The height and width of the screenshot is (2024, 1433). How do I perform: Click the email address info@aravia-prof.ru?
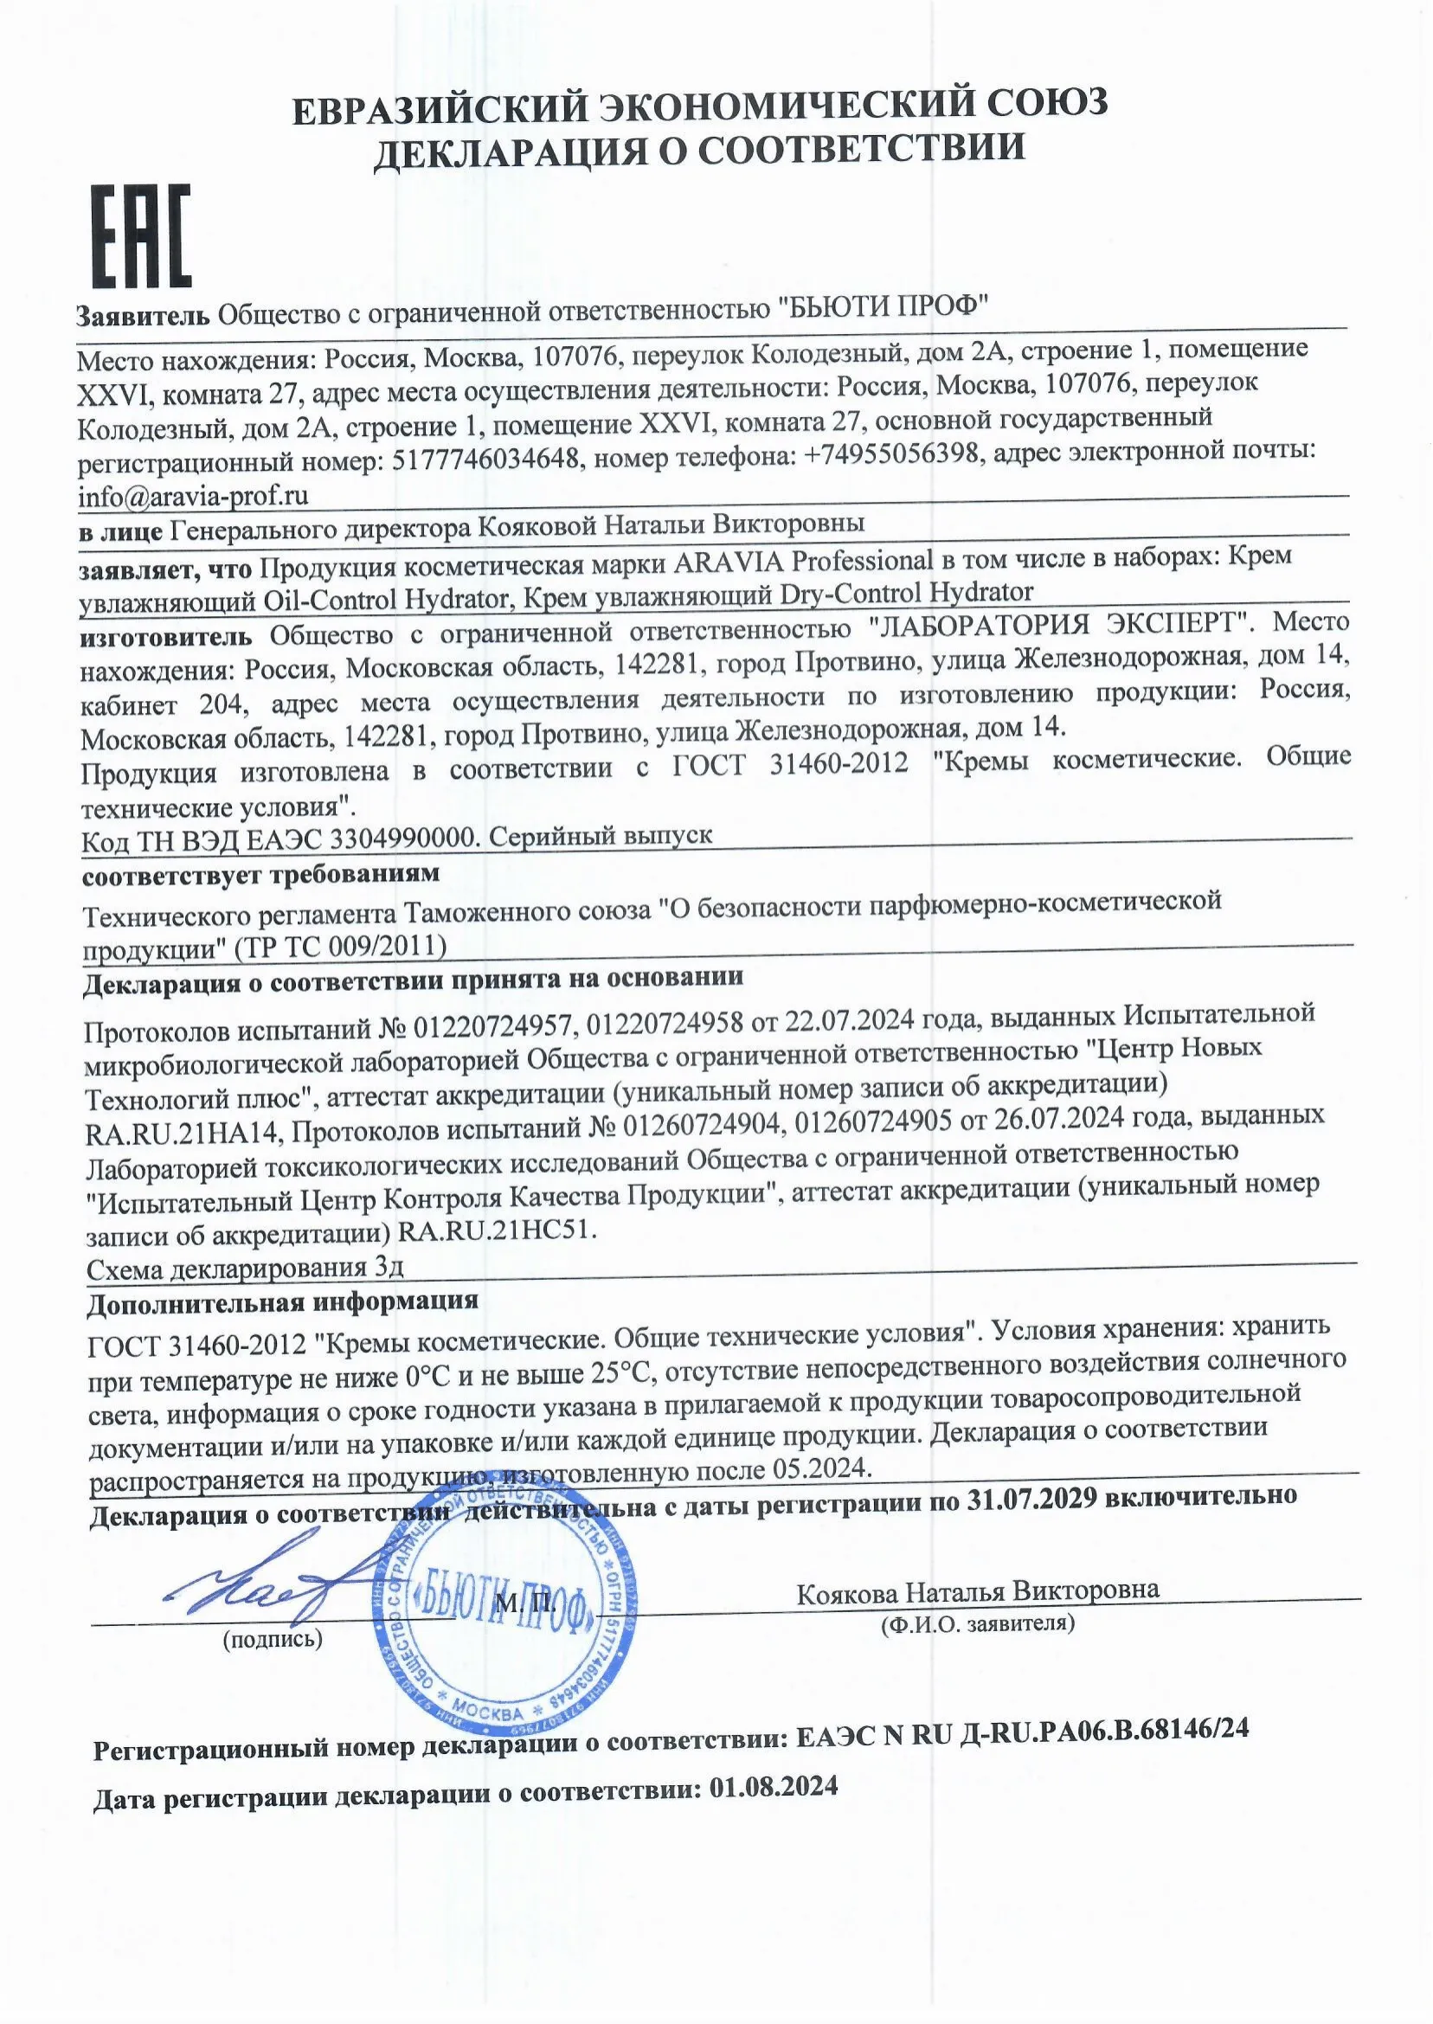[x=193, y=497]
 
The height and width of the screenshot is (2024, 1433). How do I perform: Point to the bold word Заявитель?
[x=144, y=315]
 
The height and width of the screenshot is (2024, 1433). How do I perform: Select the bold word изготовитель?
[x=167, y=635]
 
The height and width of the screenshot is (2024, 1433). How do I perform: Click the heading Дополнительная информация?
[x=283, y=1301]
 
